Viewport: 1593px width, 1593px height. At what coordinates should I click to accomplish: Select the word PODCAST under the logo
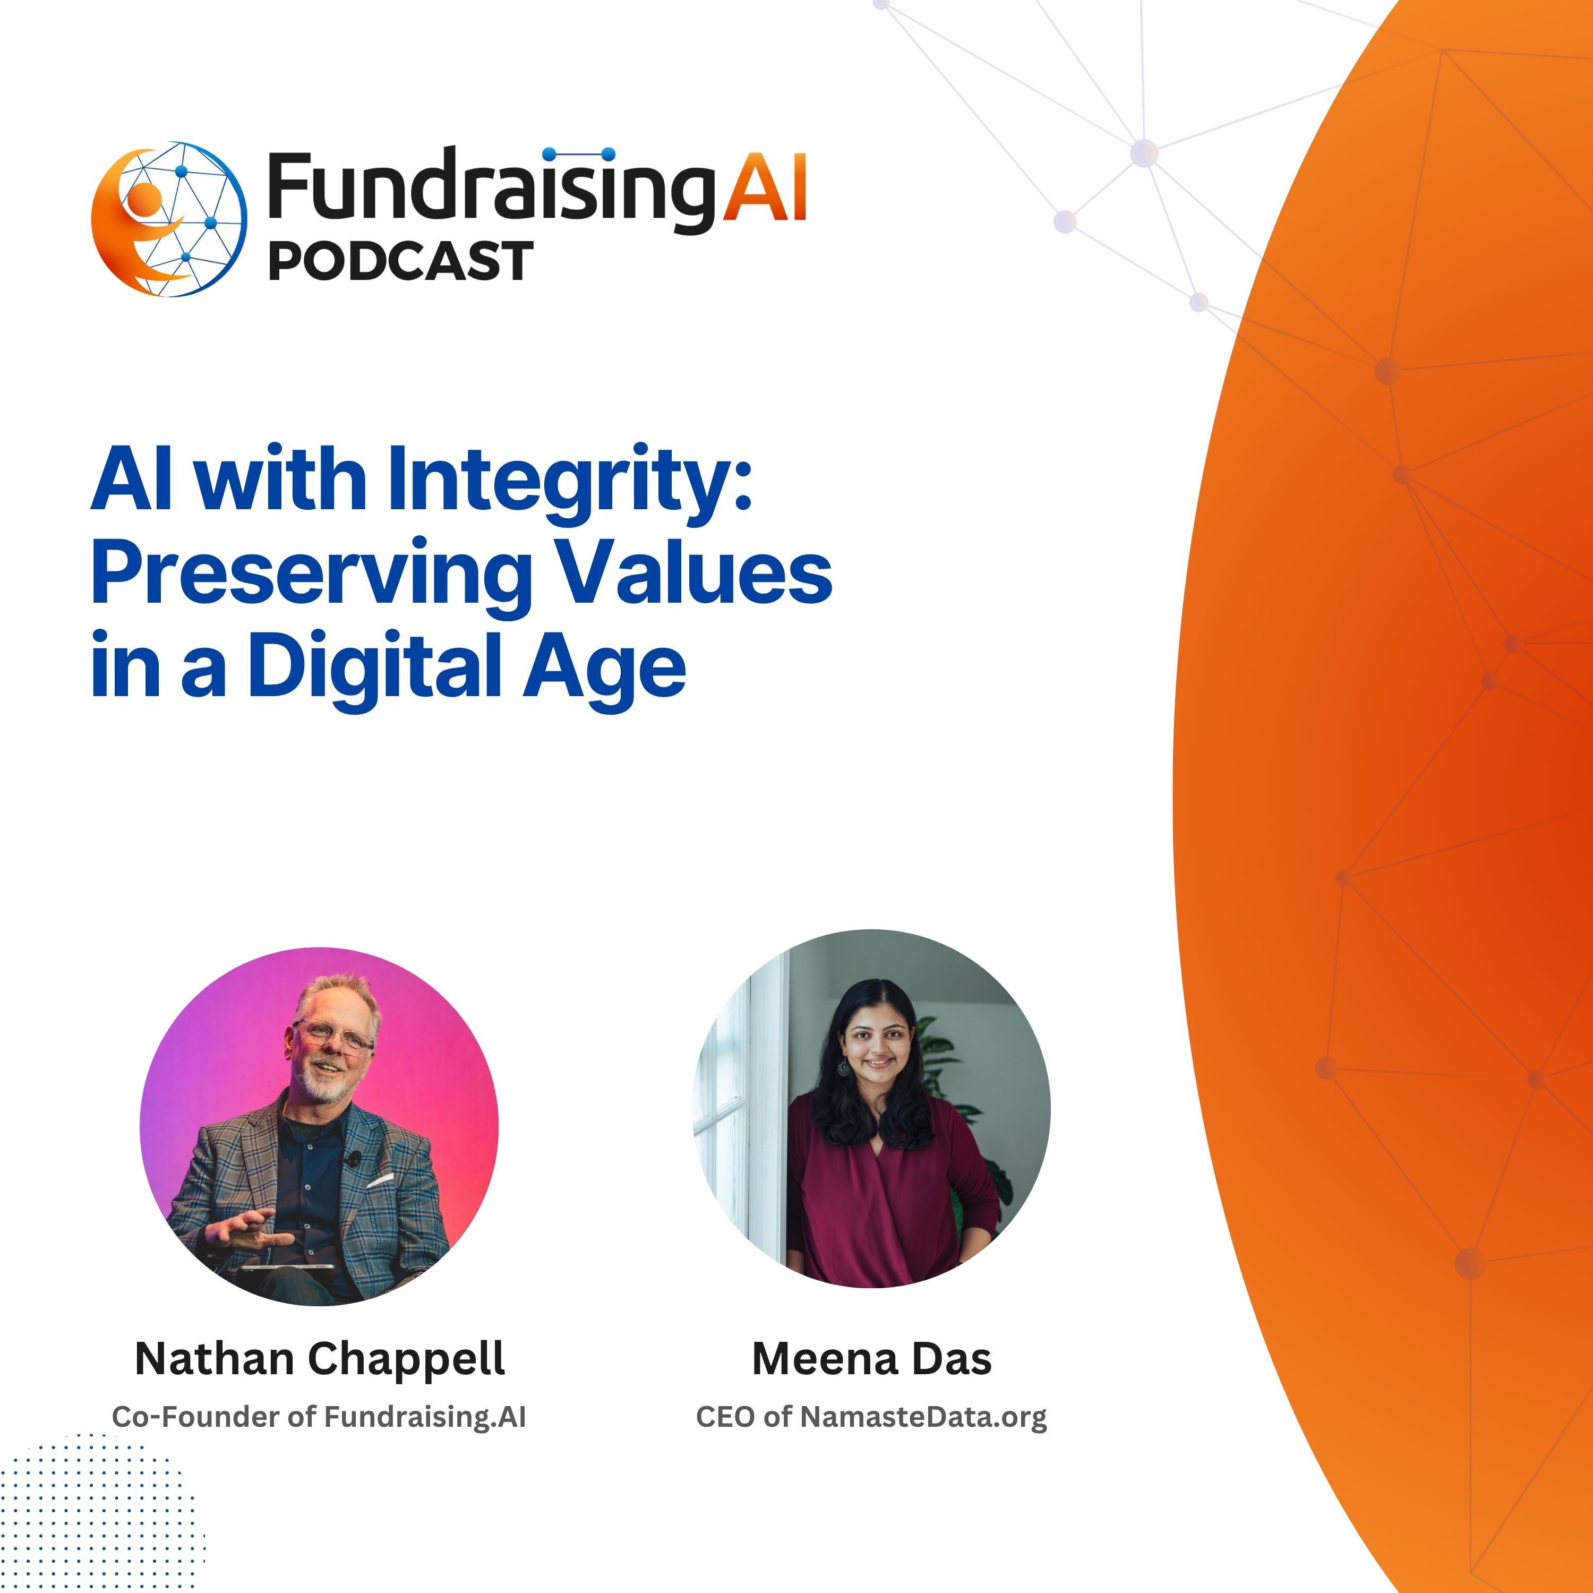[401, 261]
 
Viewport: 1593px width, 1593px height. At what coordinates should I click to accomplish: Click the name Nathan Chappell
[320, 1359]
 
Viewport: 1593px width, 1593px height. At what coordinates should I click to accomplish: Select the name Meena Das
[871, 1359]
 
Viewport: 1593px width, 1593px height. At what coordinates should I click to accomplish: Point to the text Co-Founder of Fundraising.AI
[319, 1417]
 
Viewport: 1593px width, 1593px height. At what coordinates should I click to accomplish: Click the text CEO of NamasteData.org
[871, 1417]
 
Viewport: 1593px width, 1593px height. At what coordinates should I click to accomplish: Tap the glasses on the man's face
[334, 1035]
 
